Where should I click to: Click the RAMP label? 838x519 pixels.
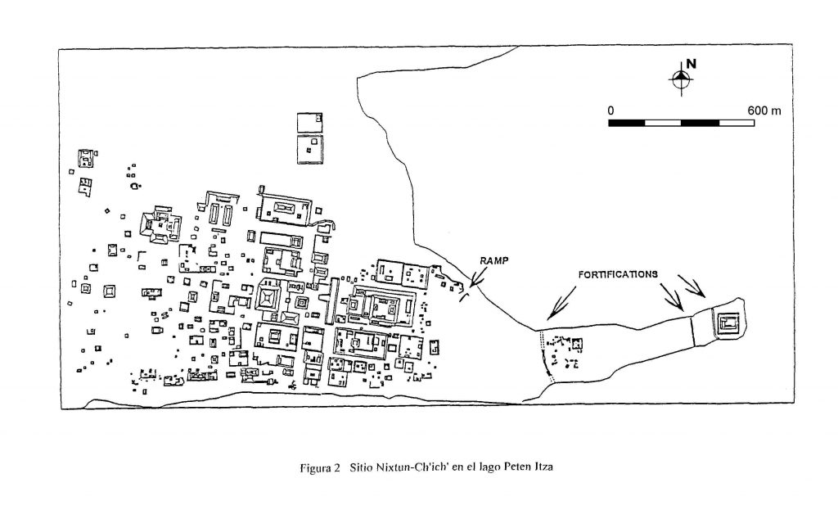pos(493,261)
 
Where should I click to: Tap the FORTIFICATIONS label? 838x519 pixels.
pos(618,274)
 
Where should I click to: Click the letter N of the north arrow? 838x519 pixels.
pos(691,64)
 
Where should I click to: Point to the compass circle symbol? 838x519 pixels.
pos(681,79)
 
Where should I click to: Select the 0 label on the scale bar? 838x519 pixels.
pos(610,111)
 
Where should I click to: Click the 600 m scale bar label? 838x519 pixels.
pos(764,111)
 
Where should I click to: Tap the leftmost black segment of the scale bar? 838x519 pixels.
pos(626,123)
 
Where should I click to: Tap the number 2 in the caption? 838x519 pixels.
pos(337,467)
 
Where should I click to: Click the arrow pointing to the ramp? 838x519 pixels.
pos(479,278)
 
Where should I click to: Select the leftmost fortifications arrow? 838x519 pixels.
pos(561,302)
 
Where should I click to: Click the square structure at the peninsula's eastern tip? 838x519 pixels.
pos(728,323)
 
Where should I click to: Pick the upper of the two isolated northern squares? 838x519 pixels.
pos(309,123)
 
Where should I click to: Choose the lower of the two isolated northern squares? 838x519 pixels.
pos(310,149)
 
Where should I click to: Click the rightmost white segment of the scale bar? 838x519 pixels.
pos(737,123)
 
